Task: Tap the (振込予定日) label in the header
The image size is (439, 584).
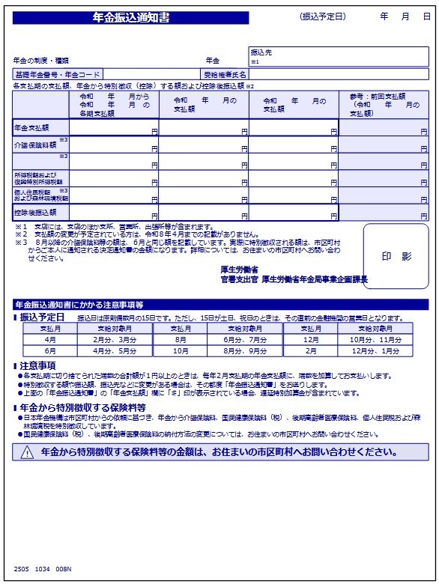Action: pyautogui.click(x=322, y=16)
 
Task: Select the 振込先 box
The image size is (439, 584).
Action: pyautogui.click(x=339, y=56)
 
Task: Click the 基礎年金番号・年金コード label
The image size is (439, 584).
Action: pyautogui.click(x=57, y=75)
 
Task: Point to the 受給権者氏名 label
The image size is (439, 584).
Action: pyautogui.click(x=225, y=75)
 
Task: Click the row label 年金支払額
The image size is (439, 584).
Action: pyautogui.click(x=31, y=129)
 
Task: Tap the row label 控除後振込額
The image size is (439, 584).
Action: pyautogui.click(x=34, y=213)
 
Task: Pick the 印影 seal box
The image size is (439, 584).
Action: pyautogui.click(x=396, y=256)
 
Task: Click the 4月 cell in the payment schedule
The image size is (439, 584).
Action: pyautogui.click(x=50, y=339)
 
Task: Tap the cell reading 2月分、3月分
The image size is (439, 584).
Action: pyautogui.click(x=115, y=339)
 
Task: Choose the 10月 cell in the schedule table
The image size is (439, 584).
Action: pyautogui.click(x=181, y=350)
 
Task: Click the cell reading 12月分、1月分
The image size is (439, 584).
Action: pyautogui.click(x=375, y=350)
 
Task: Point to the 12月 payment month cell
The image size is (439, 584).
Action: pyautogui.click(x=310, y=339)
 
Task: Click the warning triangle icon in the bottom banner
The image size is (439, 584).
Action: pyautogui.click(x=28, y=452)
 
